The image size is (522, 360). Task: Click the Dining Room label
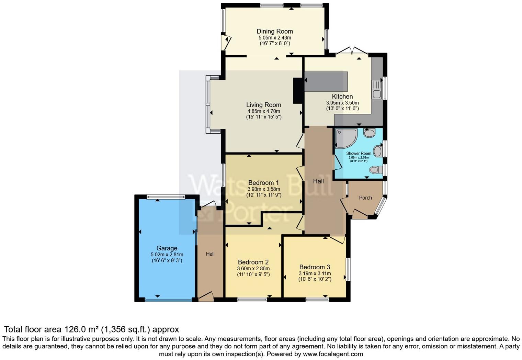[275, 31]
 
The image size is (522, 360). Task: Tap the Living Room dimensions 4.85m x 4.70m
[264, 111]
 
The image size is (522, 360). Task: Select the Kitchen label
[342, 97]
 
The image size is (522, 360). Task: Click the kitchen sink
[376, 89]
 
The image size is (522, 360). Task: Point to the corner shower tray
[345, 138]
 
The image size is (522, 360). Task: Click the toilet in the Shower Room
[376, 170]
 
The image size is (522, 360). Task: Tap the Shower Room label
[359, 154]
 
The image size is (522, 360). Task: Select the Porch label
[365, 198]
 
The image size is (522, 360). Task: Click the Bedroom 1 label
[263, 183]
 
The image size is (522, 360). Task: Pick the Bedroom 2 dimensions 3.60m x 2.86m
[253, 269]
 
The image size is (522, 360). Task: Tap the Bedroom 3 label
[315, 267]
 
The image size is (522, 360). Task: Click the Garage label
[167, 248]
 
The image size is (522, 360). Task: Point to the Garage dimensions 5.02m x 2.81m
[167, 255]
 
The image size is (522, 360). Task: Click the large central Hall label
[318, 181]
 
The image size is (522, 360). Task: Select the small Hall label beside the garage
[210, 254]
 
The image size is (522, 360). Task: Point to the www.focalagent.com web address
[332, 354]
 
